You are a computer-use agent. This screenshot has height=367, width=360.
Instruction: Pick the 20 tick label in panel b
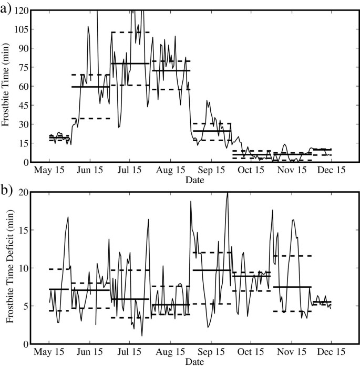click(23, 192)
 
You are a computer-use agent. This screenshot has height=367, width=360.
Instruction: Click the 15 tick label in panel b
click(23, 230)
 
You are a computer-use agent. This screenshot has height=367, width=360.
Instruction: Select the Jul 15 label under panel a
click(129, 171)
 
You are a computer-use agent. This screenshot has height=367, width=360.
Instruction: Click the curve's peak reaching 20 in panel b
click(228, 193)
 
